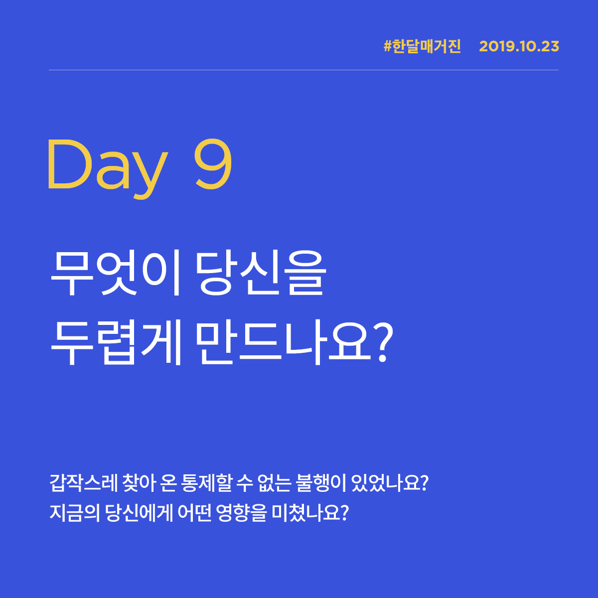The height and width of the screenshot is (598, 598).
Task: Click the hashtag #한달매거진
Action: [423, 46]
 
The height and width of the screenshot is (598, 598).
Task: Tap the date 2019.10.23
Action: [519, 46]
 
